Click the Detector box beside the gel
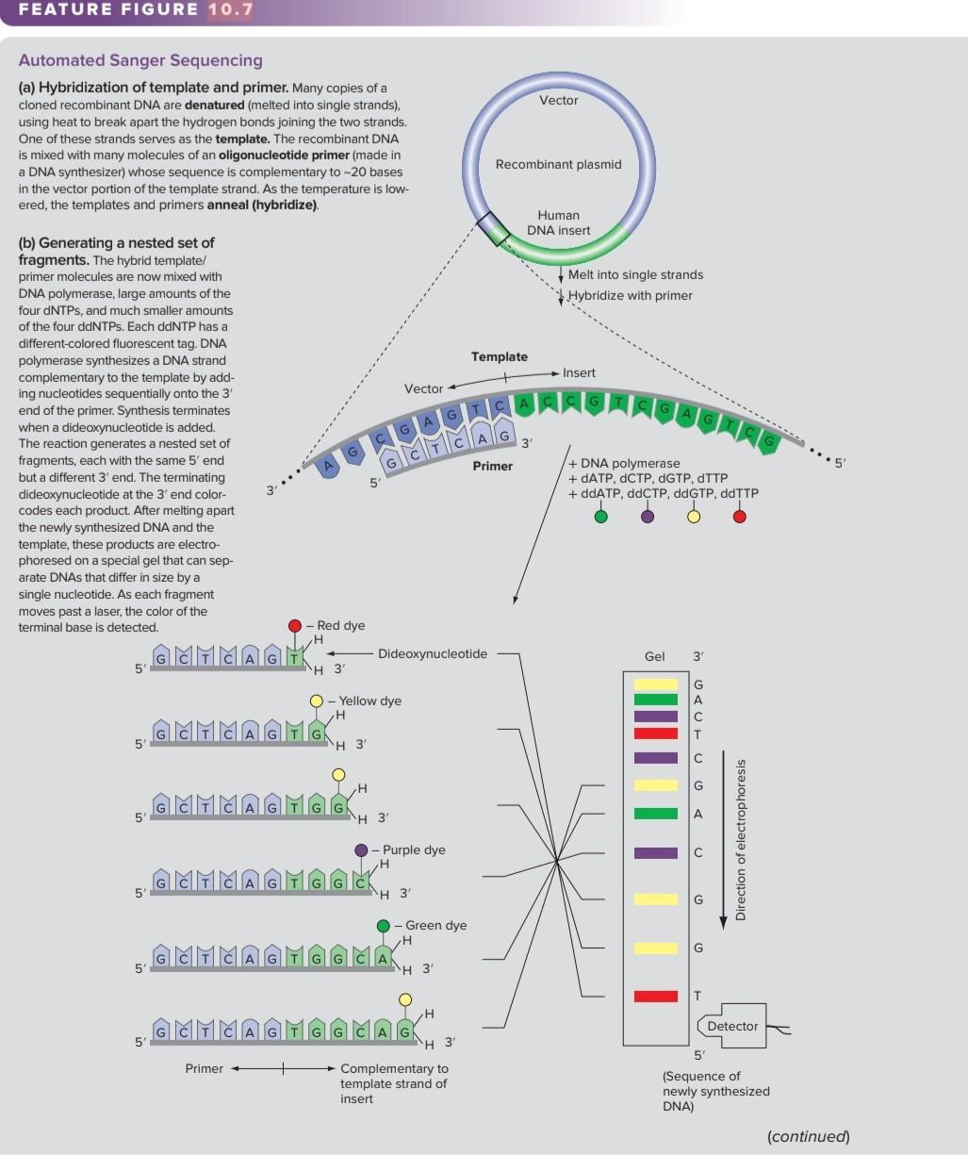click(731, 1026)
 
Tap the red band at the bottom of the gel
click(656, 996)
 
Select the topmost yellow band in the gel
click(656, 684)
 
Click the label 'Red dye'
click(340, 625)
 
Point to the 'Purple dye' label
click(414, 850)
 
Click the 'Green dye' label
click(435, 925)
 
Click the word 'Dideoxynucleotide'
click(433, 653)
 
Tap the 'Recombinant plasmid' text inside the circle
click(558, 164)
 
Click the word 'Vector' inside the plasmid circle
click(559, 100)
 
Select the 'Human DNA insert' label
click(559, 223)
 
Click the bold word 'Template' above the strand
click(500, 356)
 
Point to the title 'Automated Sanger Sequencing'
click(140, 60)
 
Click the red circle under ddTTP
click(740, 517)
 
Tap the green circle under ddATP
click(600, 517)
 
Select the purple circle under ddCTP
click(648, 517)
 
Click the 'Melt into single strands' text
click(635, 274)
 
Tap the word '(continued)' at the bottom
click(809, 1136)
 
